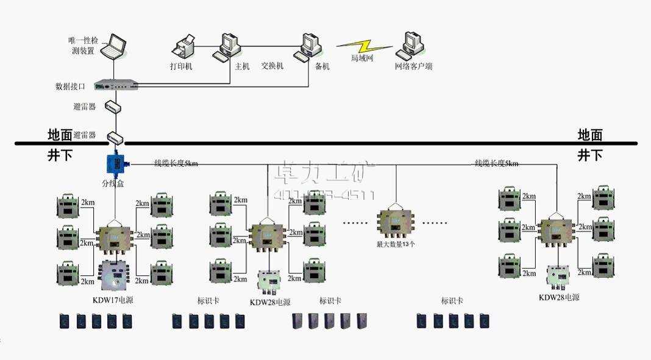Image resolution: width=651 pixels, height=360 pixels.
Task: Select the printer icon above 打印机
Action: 184,47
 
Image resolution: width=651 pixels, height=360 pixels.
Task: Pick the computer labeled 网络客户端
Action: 410,44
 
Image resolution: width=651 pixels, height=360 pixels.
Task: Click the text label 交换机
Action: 272,66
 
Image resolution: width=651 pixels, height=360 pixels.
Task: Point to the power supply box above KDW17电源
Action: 115,277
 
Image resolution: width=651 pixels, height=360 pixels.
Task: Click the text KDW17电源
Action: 113,300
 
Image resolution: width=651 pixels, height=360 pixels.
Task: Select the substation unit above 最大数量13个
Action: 396,223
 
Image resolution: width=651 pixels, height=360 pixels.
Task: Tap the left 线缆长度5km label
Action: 176,163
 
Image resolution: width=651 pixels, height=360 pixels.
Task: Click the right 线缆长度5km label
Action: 497,163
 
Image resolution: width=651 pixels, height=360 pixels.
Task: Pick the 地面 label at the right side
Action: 590,135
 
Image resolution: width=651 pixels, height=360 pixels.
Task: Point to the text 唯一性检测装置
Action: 82,46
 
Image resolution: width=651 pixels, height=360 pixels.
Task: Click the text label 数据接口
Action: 70,86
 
